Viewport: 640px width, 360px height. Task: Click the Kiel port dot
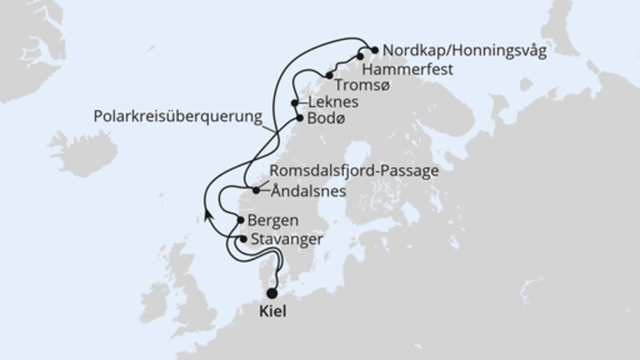click(x=273, y=293)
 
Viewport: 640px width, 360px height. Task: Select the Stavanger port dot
click(x=243, y=238)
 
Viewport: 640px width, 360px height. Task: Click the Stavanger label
click(x=286, y=238)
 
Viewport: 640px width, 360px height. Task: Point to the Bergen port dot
click(x=241, y=219)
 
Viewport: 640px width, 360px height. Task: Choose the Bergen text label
click(x=275, y=219)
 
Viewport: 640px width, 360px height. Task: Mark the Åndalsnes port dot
click(x=255, y=190)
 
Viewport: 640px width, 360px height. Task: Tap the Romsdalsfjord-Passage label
click(x=354, y=171)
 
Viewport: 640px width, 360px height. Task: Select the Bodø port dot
click(x=300, y=118)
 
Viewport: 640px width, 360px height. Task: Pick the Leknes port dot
click(x=295, y=103)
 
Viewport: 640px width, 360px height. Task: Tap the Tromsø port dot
click(x=330, y=76)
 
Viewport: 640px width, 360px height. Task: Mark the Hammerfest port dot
click(x=360, y=56)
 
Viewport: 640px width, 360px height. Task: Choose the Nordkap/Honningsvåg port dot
click(x=374, y=49)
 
